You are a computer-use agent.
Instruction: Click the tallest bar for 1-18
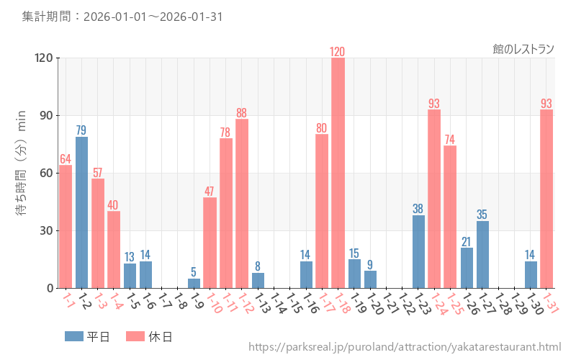pyautogui.click(x=338, y=173)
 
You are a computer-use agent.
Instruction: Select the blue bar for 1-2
pyautogui.click(x=81, y=212)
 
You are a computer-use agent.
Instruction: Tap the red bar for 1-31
pyautogui.click(x=546, y=199)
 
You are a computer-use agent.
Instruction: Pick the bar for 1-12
pyautogui.click(x=242, y=203)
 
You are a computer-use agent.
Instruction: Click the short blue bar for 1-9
pyautogui.click(x=194, y=283)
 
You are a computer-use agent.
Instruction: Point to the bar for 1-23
pyautogui.click(x=418, y=251)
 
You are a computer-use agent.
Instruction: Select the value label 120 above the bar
pyautogui.click(x=338, y=52)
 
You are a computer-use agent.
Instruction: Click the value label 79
pyautogui.click(x=81, y=130)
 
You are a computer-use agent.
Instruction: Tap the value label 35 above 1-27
pyautogui.click(x=482, y=215)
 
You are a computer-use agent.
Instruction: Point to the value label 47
pyautogui.click(x=210, y=192)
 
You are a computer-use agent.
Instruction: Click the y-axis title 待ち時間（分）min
pyautogui.click(x=22, y=173)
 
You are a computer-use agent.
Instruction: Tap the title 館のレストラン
pyautogui.click(x=523, y=49)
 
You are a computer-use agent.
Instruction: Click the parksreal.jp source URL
pyautogui.click(x=405, y=347)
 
